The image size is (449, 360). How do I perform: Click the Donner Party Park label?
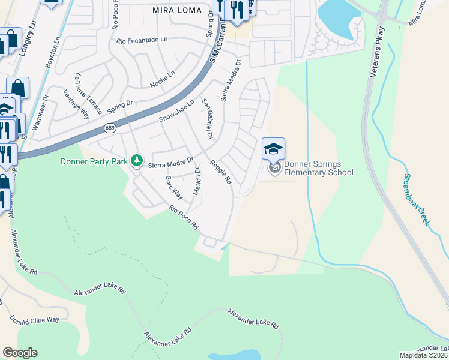pos(95,161)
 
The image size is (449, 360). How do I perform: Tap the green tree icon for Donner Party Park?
pos(137,160)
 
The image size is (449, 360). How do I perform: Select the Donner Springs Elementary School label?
pos(318,168)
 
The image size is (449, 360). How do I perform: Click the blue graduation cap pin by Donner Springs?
pos(274,148)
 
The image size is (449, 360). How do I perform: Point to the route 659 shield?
pos(109,128)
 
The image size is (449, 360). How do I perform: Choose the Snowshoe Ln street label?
pos(177,112)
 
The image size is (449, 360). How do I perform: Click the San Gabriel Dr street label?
pos(207,118)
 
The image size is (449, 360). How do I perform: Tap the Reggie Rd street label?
pos(220,171)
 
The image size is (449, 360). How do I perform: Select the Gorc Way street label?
pos(173,187)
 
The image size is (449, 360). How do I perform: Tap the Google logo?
pos(20,353)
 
